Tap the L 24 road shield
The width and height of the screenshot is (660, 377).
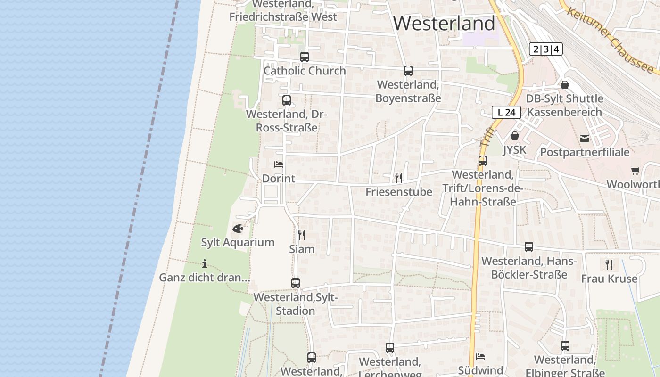pyautogui.click(x=506, y=112)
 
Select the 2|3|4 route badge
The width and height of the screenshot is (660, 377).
pyautogui.click(x=546, y=49)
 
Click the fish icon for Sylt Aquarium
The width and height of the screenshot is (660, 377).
pyautogui.click(x=238, y=229)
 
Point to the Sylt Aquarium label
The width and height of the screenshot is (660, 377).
pyautogui.click(x=238, y=242)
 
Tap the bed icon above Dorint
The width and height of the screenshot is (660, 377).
pyautogui.click(x=279, y=164)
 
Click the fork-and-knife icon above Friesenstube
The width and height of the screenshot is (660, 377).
pyautogui.click(x=399, y=178)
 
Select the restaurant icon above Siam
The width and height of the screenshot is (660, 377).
pyautogui.click(x=302, y=235)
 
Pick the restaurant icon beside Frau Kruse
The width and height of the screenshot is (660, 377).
pyautogui.click(x=609, y=264)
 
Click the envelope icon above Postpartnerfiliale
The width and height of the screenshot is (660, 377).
pyautogui.click(x=585, y=139)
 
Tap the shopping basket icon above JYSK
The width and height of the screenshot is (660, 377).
pyautogui.click(x=514, y=136)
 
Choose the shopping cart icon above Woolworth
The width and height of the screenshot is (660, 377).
pyautogui.click(x=635, y=171)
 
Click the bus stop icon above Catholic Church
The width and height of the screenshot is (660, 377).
pyautogui.click(x=305, y=57)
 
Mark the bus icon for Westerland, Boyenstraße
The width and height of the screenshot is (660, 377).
pyautogui.click(x=408, y=71)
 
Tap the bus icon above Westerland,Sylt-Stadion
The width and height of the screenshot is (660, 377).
pyautogui.click(x=296, y=283)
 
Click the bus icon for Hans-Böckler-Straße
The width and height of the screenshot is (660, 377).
pyautogui.click(x=529, y=247)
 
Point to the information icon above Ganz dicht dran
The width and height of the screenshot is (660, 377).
pyautogui.click(x=205, y=263)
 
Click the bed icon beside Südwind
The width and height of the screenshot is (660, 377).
pyautogui.click(x=480, y=357)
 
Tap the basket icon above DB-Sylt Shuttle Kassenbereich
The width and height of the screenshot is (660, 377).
pyautogui.click(x=564, y=85)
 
